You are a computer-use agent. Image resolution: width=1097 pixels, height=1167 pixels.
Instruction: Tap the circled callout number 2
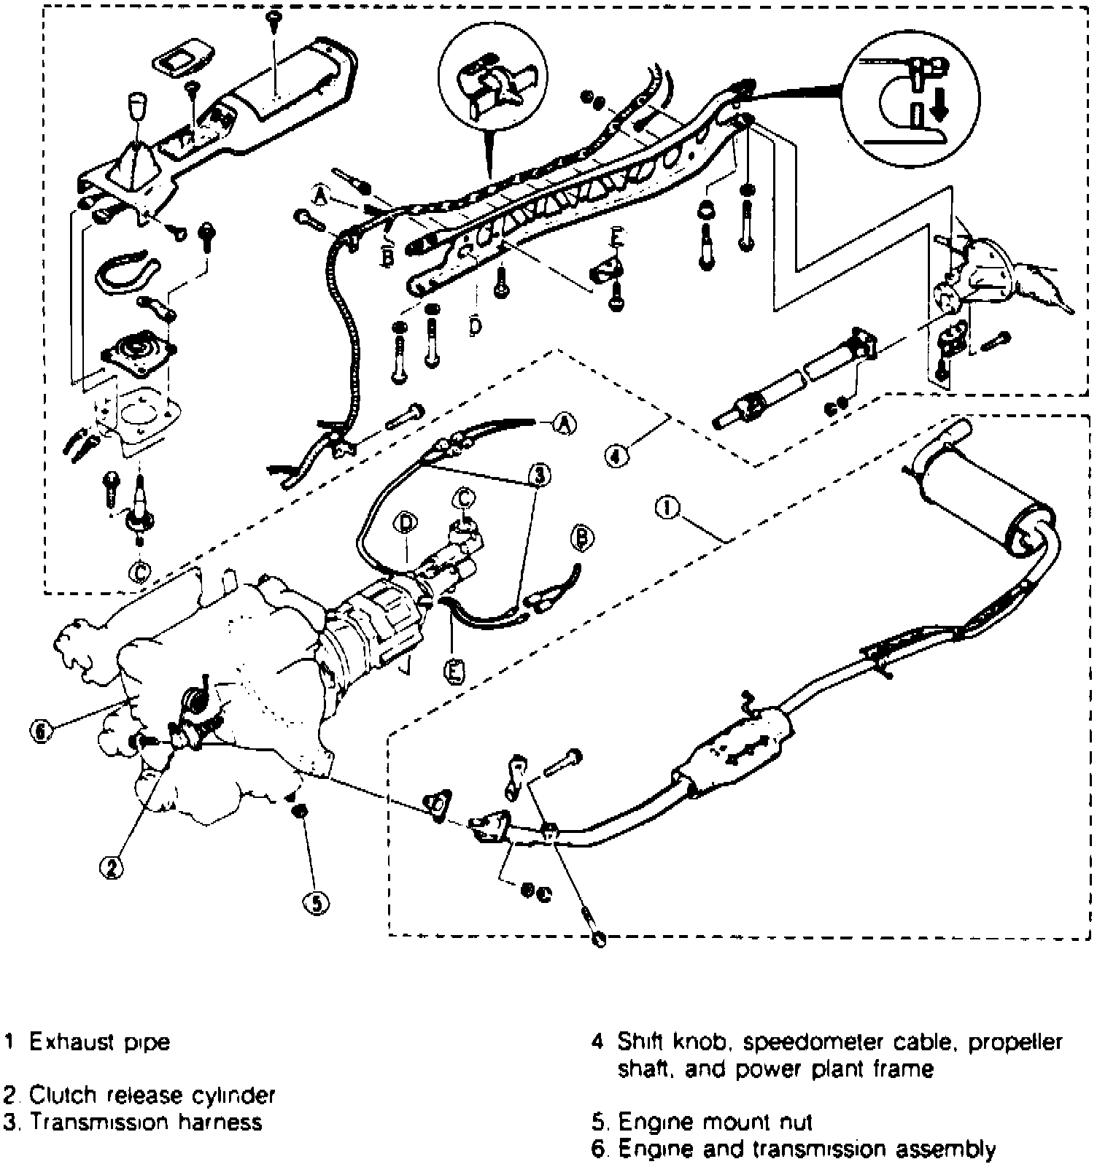[x=111, y=867]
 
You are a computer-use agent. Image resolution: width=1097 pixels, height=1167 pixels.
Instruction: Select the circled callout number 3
[x=539, y=476]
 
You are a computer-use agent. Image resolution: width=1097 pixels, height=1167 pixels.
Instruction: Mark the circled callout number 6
[x=42, y=731]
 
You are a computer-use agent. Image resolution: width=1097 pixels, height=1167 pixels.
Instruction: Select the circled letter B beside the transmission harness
[x=581, y=538]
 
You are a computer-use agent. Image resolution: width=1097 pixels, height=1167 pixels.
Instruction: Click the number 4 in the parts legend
[x=597, y=1042]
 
